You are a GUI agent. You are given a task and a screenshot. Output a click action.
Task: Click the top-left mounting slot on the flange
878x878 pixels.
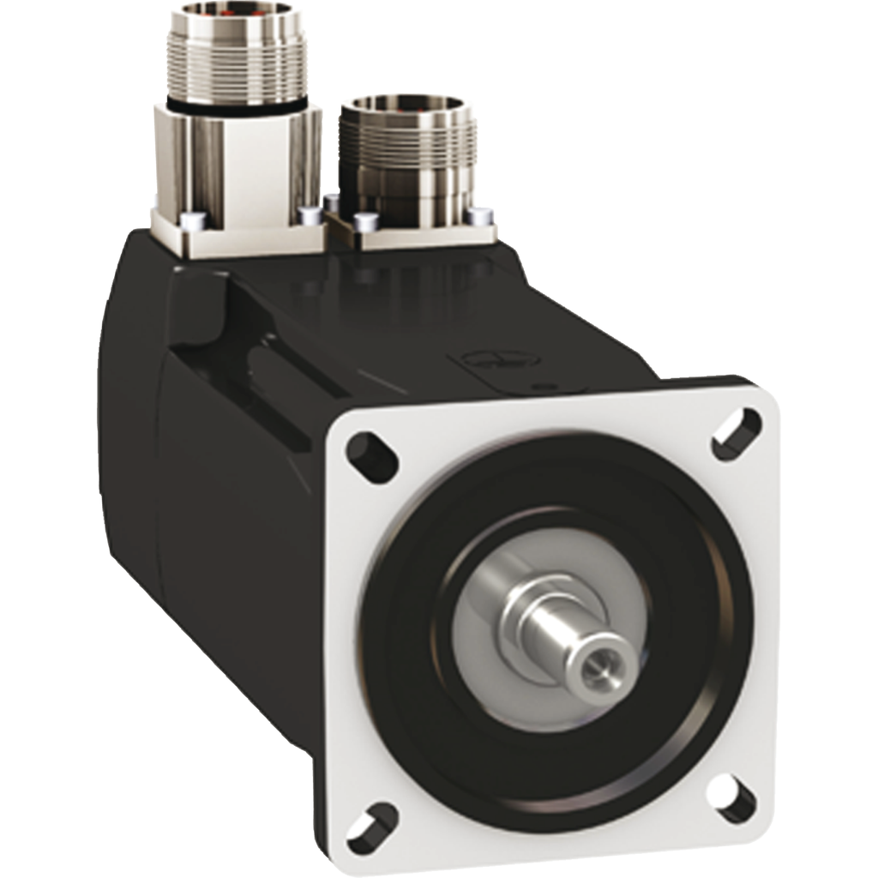[x=372, y=457]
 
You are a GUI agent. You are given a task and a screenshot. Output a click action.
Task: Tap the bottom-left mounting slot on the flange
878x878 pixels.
[x=372, y=827]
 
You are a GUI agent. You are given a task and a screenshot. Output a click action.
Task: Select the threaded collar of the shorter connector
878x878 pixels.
[x=406, y=141]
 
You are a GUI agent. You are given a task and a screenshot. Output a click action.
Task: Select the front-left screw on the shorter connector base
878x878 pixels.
[x=367, y=222]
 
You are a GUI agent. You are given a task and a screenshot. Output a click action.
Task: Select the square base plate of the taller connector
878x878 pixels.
[x=236, y=236]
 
